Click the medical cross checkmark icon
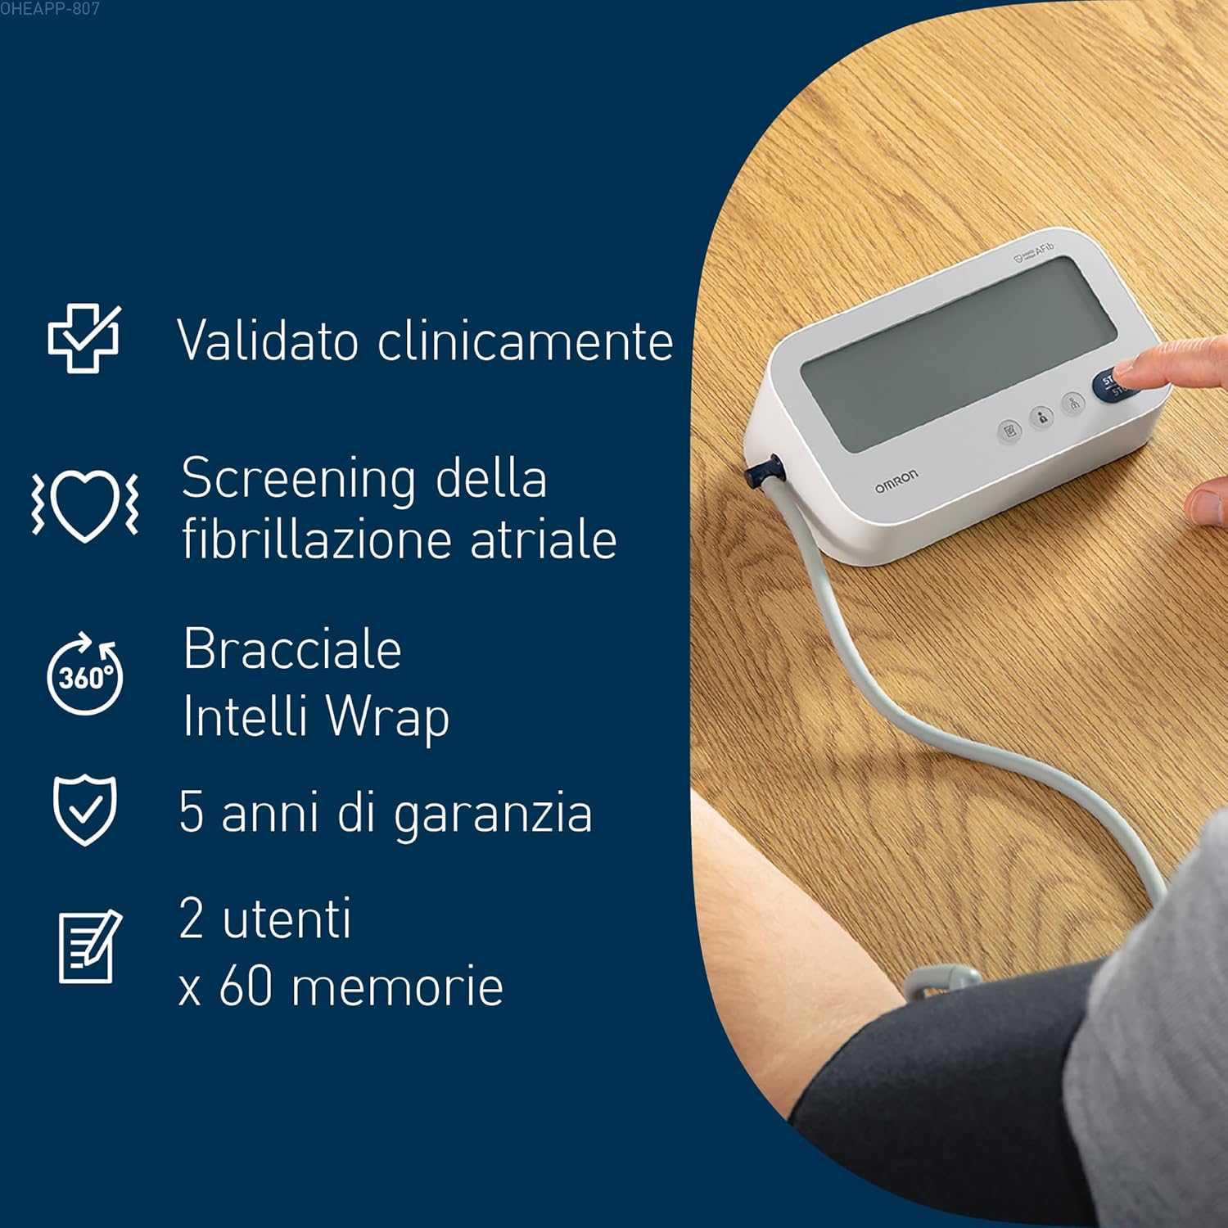point(84,338)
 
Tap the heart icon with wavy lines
point(85,504)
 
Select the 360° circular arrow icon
point(85,674)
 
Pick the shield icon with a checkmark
point(85,810)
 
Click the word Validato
point(268,340)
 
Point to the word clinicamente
point(526,340)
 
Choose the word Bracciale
point(292,649)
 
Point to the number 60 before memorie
point(246,986)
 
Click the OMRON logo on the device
point(896,481)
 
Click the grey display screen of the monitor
point(958,353)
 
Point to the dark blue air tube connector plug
point(765,472)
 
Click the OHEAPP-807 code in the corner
point(50,9)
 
